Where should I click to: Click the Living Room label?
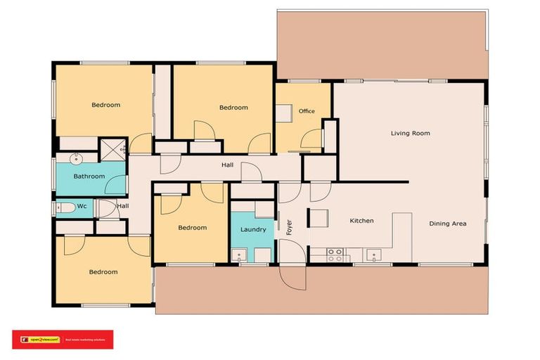[x=411, y=133]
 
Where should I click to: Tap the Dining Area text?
[x=448, y=224]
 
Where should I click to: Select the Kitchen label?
[x=361, y=221]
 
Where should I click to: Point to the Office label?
[x=307, y=111]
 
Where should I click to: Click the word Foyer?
[x=288, y=227]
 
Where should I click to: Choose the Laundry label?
[x=252, y=229]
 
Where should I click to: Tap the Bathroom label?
[x=89, y=176]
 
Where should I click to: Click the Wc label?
[x=82, y=206]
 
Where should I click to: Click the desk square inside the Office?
[x=283, y=114]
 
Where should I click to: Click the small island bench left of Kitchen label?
[x=317, y=219]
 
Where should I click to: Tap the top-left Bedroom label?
[x=105, y=105]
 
